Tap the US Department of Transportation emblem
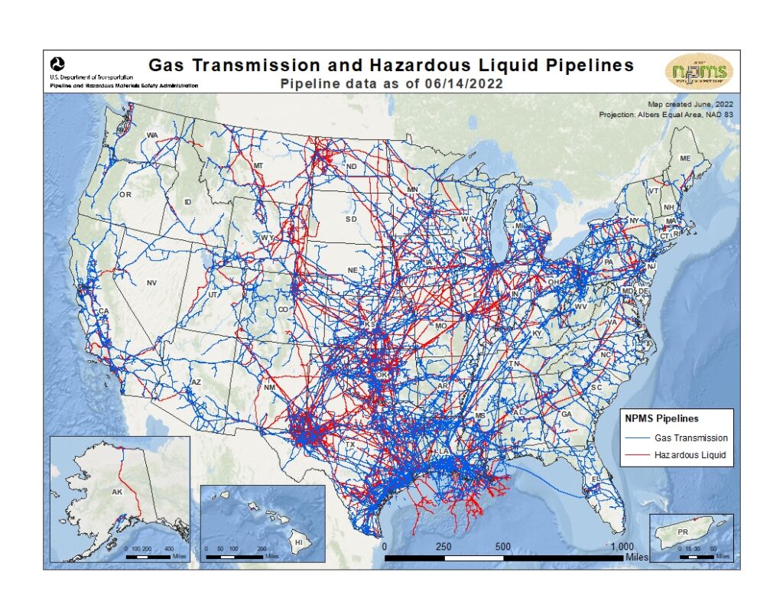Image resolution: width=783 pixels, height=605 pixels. pyautogui.click(x=57, y=63)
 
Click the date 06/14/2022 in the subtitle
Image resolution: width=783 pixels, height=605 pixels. pyautogui.click(x=466, y=84)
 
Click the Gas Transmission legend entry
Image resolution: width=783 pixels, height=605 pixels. pyautogui.click(x=690, y=438)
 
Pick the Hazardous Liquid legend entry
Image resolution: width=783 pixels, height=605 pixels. pyautogui.click(x=689, y=455)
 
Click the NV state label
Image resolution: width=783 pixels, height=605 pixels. pyautogui.click(x=151, y=283)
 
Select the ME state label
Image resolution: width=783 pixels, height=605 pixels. pyautogui.click(x=685, y=158)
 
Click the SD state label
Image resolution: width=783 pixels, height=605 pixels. pyautogui.click(x=351, y=219)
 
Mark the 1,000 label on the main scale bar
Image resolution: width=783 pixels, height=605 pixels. pyautogui.click(x=622, y=546)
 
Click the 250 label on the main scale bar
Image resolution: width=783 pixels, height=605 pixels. pyautogui.click(x=443, y=546)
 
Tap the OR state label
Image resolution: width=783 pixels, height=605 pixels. pyautogui.click(x=125, y=195)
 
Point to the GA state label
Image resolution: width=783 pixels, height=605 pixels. pyautogui.click(x=567, y=414)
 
